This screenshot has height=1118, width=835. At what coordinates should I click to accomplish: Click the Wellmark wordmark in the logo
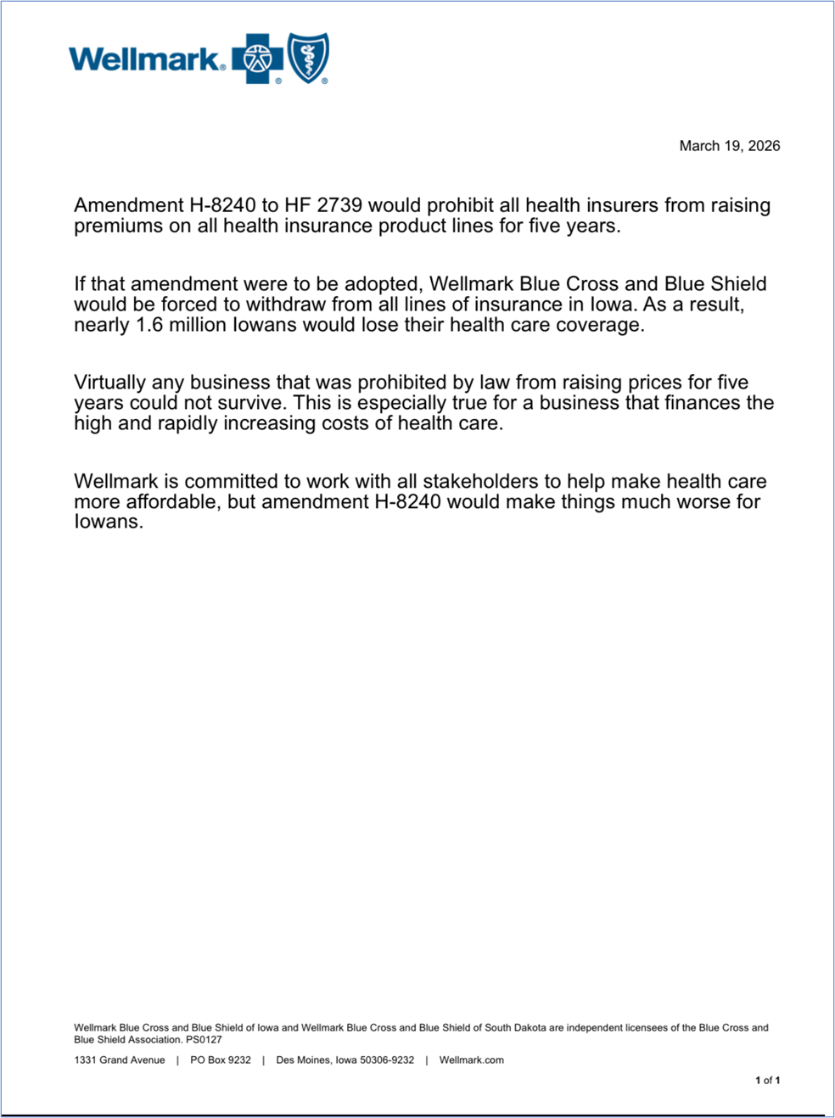146,59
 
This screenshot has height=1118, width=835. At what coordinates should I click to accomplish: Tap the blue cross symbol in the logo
258,59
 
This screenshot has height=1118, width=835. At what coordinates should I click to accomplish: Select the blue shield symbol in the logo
308,58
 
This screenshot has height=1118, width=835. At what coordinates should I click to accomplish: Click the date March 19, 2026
729,146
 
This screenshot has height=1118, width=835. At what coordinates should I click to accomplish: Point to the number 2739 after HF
339,205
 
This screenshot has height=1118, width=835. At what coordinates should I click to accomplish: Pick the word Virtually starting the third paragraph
109,383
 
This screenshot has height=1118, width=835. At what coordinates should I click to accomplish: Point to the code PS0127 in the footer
205,1039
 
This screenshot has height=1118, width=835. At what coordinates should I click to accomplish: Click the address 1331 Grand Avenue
120,1059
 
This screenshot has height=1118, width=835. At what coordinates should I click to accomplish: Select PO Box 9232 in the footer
221,1059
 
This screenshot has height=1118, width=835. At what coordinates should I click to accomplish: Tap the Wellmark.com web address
471,1059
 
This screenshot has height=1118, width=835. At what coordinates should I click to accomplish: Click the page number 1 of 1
767,1080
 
